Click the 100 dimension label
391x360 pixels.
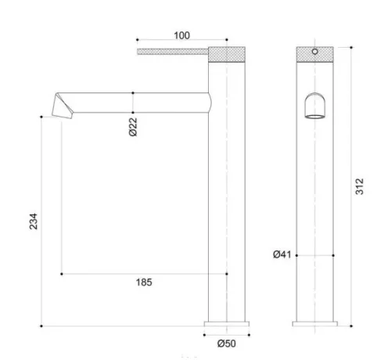[x=181, y=35]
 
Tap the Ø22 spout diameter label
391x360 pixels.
[x=133, y=127]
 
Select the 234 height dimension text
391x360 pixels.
[x=34, y=221]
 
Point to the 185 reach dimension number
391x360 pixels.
[x=144, y=283]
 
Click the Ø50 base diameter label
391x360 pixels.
[x=227, y=344]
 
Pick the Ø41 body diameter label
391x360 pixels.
[x=282, y=254]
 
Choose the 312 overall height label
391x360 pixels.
[x=360, y=186]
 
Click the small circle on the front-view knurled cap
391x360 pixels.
[x=315, y=52]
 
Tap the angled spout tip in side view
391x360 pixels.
[x=63, y=106]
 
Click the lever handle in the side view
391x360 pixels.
[x=173, y=52]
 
